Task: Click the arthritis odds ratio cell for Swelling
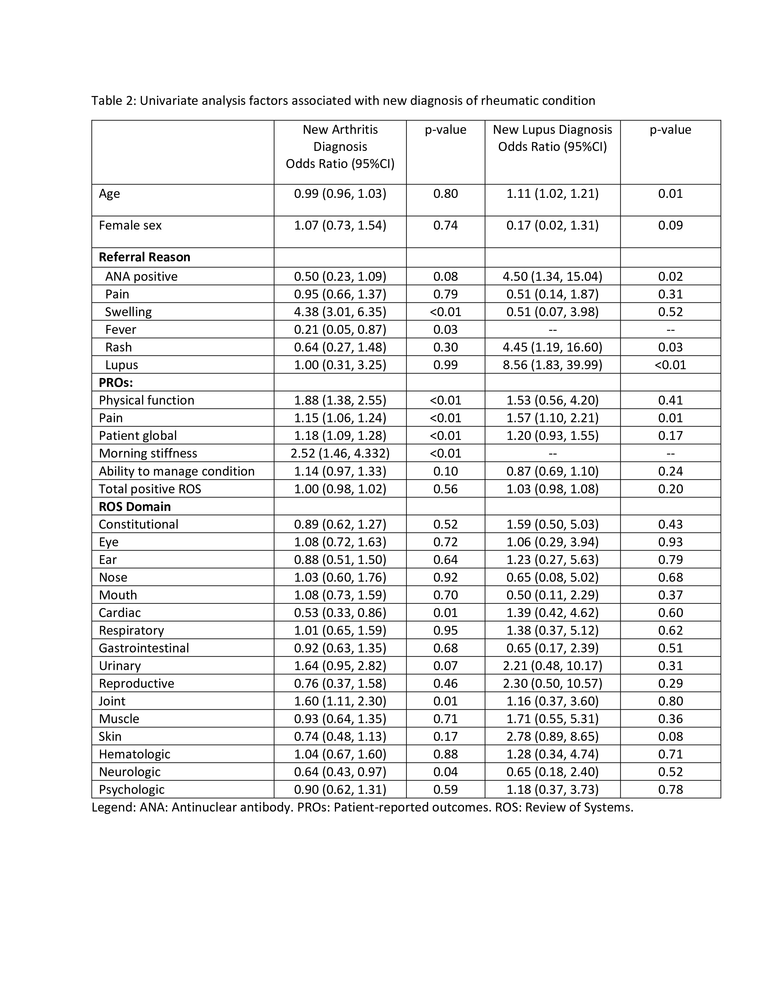pyautogui.click(x=340, y=312)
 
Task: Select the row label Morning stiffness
pyautogui.click(x=148, y=453)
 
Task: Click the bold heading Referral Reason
pyautogui.click(x=144, y=257)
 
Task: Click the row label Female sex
pyautogui.click(x=130, y=225)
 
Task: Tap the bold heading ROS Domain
pyautogui.click(x=134, y=507)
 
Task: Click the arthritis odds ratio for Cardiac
pyautogui.click(x=340, y=613)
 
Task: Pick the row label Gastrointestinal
pyautogui.click(x=144, y=648)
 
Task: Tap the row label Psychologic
pyautogui.click(x=131, y=790)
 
